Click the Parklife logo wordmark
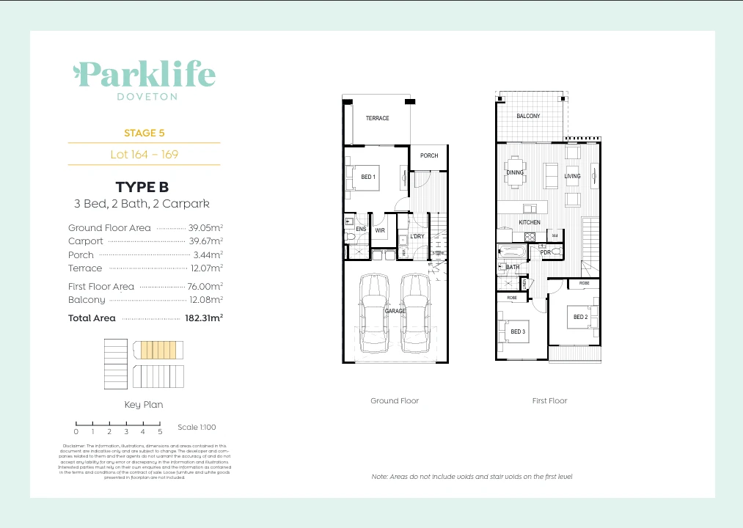coord(144,74)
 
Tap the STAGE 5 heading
coord(144,133)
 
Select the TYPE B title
coord(144,187)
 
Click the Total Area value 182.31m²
coord(203,318)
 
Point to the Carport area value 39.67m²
coord(208,241)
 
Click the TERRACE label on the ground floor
coord(377,118)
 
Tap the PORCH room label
coord(429,155)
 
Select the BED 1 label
coord(368,177)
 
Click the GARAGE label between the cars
coord(395,312)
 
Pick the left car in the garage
coord(374,313)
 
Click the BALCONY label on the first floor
coord(528,116)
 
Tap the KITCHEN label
coord(530,222)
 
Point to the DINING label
coord(515,173)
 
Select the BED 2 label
coord(580,317)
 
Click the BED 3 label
coord(518,331)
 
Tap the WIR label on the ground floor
coord(380,230)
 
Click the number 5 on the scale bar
coord(159,432)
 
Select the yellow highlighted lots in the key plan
coord(158,349)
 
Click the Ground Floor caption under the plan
coord(395,401)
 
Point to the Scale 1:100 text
coord(197,427)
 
